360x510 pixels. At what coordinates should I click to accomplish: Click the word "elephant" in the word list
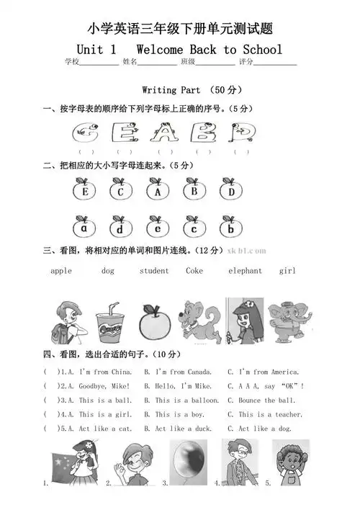click(x=245, y=271)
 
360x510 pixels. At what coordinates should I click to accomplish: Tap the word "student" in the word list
click(x=154, y=271)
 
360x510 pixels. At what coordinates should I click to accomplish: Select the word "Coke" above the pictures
click(x=194, y=271)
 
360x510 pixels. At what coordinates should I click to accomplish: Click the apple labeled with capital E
click(x=85, y=192)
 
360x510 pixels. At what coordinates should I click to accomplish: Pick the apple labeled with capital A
click(x=157, y=192)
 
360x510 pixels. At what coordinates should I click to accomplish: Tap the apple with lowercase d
click(x=121, y=228)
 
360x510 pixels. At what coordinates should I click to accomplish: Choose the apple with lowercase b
click(x=230, y=228)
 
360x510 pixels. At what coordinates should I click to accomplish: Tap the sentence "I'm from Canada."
click(x=178, y=372)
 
